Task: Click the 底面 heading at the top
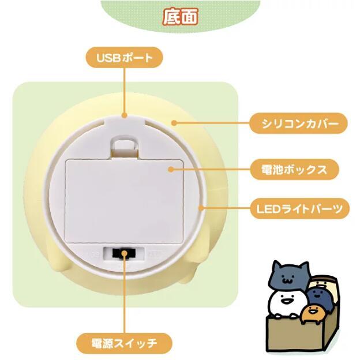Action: (x=180, y=16)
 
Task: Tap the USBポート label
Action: (x=124, y=58)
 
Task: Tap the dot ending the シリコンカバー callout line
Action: (x=174, y=123)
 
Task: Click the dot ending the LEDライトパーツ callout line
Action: (x=200, y=207)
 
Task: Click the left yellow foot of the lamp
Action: (x=59, y=262)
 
